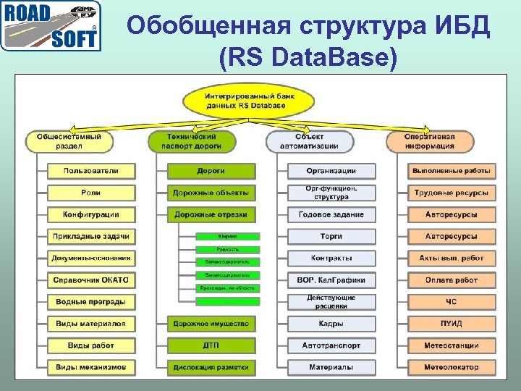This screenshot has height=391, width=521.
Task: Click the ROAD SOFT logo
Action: (x=51, y=26)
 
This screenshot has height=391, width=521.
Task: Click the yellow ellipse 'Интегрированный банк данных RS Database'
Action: (x=245, y=101)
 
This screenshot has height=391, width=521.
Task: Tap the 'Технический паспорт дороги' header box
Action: (x=192, y=141)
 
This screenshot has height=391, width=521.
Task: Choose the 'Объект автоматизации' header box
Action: (x=309, y=141)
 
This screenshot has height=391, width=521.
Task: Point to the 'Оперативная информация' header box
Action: (x=430, y=141)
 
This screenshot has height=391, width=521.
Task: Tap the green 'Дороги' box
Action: (x=211, y=171)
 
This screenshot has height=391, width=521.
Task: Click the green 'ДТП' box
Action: (x=211, y=345)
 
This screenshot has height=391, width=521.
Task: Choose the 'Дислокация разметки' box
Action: (x=211, y=367)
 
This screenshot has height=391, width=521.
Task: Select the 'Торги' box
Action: (x=331, y=236)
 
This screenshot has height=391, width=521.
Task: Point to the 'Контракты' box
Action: (x=331, y=258)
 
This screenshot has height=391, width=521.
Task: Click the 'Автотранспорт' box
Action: (x=331, y=345)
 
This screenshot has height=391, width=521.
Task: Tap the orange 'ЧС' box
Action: (x=452, y=301)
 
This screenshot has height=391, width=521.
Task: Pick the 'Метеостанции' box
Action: (x=452, y=345)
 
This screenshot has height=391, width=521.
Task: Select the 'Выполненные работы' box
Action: (x=452, y=171)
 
